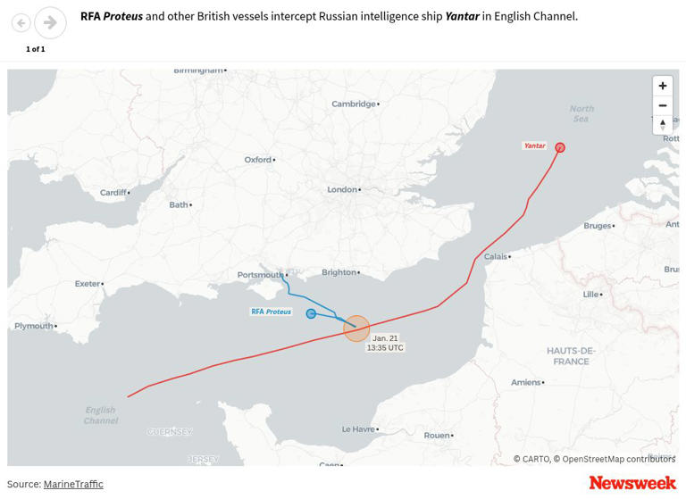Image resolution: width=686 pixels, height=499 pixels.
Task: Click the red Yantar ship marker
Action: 560,148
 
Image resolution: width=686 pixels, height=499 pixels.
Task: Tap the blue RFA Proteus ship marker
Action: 311,313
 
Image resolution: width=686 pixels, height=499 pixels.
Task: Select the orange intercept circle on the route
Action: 356,329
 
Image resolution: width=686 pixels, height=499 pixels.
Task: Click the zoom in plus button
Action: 662,86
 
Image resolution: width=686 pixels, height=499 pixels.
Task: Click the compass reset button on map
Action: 662,125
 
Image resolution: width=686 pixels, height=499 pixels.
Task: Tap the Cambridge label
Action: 354,104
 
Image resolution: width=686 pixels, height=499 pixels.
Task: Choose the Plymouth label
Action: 34,326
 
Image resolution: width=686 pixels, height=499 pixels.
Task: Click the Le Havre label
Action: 358,429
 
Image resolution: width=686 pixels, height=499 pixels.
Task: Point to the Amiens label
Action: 525,382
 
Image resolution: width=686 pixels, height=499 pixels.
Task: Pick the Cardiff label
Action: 113,193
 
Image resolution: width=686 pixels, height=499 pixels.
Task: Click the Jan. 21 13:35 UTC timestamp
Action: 385,343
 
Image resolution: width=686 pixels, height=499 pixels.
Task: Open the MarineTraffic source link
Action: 73,484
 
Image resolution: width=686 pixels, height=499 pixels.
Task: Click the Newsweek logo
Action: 632,483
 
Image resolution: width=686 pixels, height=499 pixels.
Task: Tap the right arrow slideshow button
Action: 50,22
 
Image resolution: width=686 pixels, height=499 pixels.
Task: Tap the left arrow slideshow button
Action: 21,23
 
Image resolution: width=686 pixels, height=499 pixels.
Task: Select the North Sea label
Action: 581,113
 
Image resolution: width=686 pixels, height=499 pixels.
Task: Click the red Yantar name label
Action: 534,146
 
